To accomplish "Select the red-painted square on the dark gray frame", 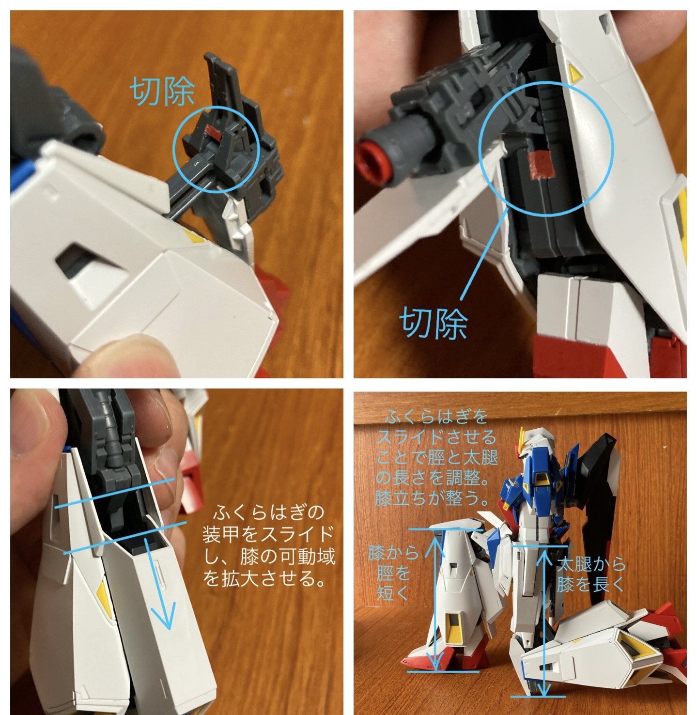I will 542,165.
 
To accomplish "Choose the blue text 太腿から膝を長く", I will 591,575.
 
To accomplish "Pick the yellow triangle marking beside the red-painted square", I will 575,73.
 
